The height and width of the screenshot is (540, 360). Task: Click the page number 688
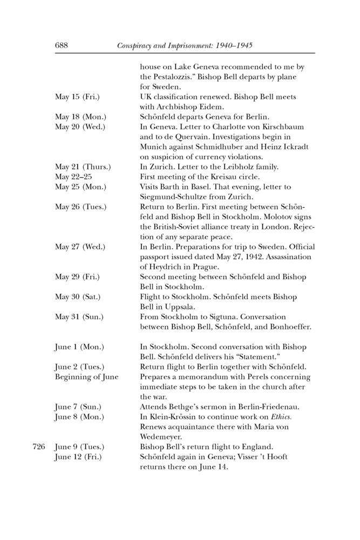62,47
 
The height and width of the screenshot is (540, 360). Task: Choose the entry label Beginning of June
86,376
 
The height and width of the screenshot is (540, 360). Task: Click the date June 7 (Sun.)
78,407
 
